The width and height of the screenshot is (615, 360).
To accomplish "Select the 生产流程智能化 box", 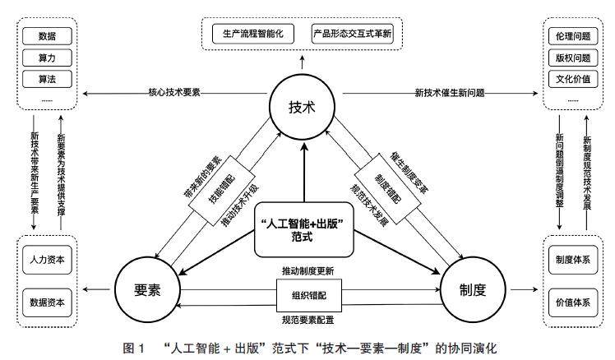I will (252, 35).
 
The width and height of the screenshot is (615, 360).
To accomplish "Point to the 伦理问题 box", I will (571, 37).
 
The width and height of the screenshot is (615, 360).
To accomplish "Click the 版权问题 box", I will (571, 58).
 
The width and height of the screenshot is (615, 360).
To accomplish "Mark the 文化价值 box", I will (571, 79).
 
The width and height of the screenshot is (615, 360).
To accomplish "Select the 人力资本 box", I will (46, 258).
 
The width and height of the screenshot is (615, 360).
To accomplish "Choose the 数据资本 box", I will (46, 299).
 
